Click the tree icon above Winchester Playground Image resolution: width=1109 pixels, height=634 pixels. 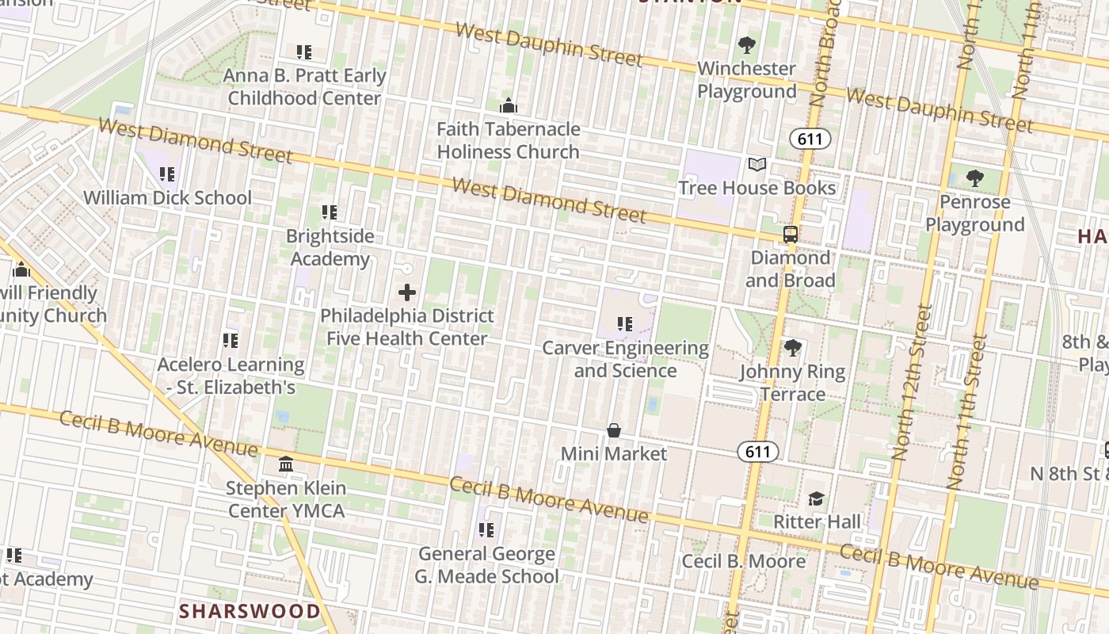pyautogui.click(x=746, y=45)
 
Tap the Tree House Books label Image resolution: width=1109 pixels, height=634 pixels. pyautogui.click(x=757, y=188)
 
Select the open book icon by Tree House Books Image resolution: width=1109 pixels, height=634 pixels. pyautogui.click(x=757, y=165)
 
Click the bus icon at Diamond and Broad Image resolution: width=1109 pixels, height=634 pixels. pyautogui.click(x=790, y=235)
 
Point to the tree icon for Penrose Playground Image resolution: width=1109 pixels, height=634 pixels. pyautogui.click(x=975, y=178)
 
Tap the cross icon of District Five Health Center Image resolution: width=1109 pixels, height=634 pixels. pyautogui.click(x=407, y=292)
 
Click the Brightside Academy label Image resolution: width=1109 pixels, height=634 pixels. pyautogui.click(x=330, y=247)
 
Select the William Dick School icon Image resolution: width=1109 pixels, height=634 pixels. pyautogui.click(x=166, y=174)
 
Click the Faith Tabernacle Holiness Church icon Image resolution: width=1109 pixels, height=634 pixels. pyautogui.click(x=509, y=105)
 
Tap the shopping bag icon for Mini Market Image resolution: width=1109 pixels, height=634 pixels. pyautogui.click(x=613, y=430)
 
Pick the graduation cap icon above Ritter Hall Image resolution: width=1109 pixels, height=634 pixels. pyautogui.click(x=816, y=498)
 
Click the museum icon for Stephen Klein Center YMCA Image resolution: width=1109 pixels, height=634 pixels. pyautogui.click(x=286, y=464)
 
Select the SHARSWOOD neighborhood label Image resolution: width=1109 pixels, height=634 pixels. pyautogui.click(x=250, y=611)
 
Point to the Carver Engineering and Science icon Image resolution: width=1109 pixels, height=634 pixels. pyautogui.click(x=625, y=324)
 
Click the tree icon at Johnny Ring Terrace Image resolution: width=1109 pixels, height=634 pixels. pyautogui.click(x=792, y=348)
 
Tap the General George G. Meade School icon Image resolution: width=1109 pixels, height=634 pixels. pyautogui.click(x=486, y=529)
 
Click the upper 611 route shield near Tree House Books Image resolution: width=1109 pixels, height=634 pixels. pyautogui.click(x=810, y=139)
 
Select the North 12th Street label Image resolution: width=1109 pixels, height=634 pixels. pyautogui.click(x=910, y=383)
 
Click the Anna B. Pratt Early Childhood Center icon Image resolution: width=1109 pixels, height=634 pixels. pyautogui.click(x=304, y=52)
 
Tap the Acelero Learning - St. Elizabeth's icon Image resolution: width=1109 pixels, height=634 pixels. pyautogui.click(x=231, y=341)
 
